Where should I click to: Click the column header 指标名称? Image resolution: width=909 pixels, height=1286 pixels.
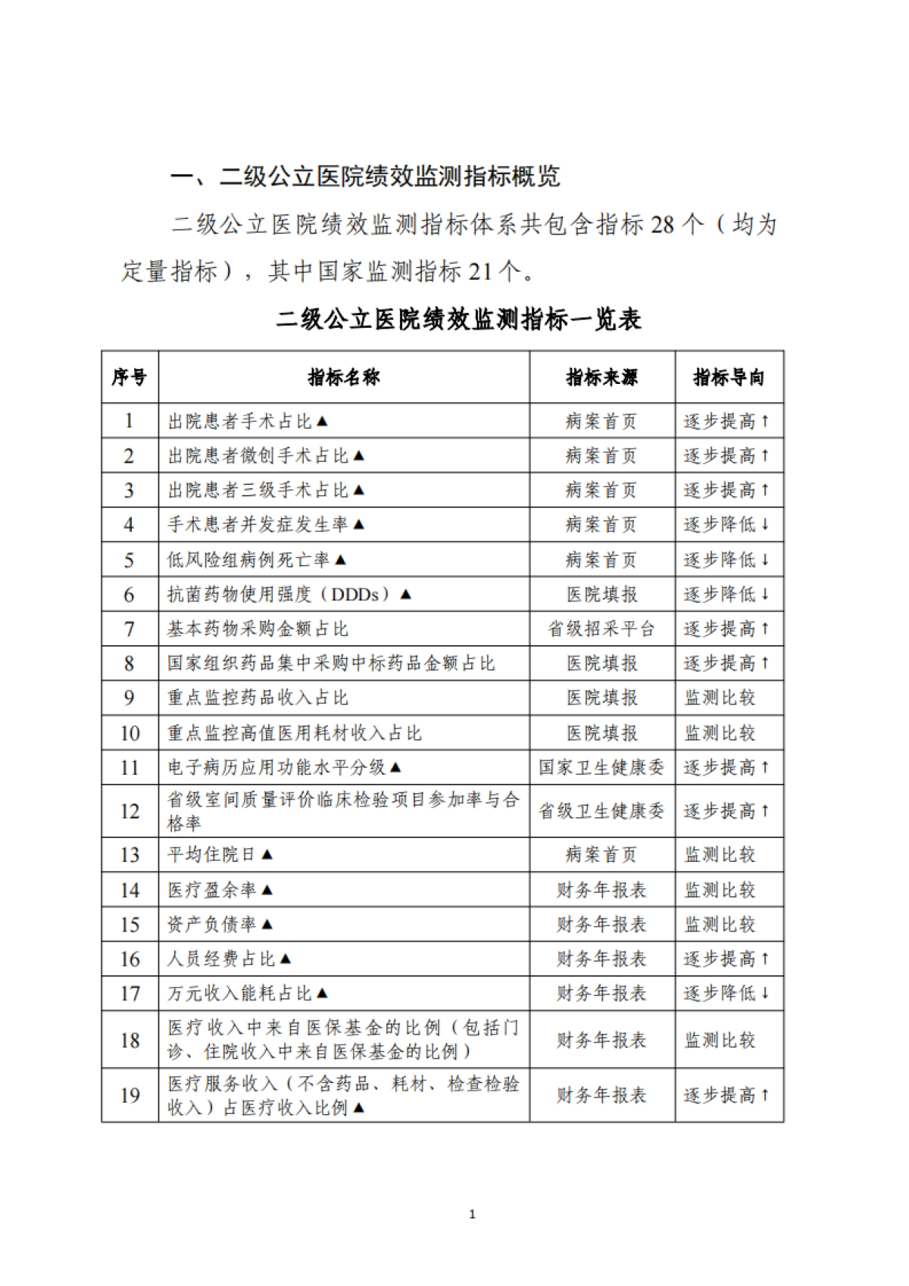(x=344, y=377)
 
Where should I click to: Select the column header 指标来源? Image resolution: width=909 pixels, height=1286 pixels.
(x=601, y=377)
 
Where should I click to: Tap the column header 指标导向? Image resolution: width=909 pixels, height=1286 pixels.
(x=729, y=377)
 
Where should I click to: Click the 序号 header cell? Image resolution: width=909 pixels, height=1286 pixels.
(x=130, y=377)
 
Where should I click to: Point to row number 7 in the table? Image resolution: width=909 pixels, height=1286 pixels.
(x=130, y=629)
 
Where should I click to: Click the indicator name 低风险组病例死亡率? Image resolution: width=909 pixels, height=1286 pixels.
(x=249, y=560)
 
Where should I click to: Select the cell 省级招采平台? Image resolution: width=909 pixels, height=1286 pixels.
(x=601, y=629)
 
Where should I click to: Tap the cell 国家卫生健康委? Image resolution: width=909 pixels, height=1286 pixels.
(x=601, y=767)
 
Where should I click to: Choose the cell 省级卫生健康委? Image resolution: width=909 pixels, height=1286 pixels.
(x=601, y=811)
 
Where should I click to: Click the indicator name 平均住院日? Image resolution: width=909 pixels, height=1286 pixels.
(x=212, y=854)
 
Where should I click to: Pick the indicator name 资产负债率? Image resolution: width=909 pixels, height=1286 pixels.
(x=212, y=924)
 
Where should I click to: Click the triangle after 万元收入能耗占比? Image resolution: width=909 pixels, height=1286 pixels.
(x=322, y=993)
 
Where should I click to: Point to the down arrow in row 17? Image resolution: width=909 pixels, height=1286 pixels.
(x=765, y=993)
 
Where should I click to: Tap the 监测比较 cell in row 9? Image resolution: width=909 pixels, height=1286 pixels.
(x=720, y=698)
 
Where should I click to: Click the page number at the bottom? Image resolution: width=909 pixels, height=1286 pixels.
(x=473, y=1215)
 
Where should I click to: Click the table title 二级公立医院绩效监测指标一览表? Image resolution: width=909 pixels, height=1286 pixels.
(x=459, y=319)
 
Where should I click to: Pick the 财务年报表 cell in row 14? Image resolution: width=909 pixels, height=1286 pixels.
(x=601, y=890)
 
